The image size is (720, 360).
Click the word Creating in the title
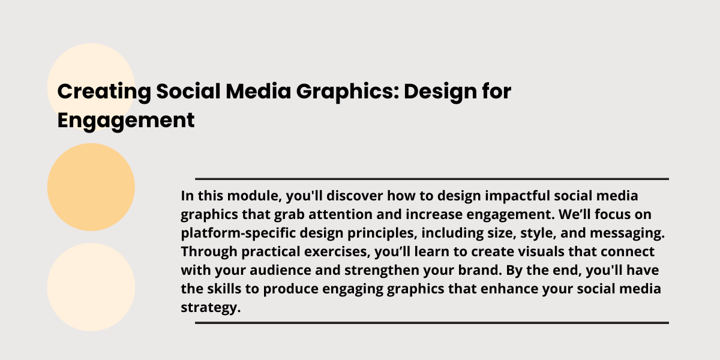point(104,92)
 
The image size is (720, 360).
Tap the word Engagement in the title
point(125,121)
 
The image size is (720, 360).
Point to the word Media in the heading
point(258,91)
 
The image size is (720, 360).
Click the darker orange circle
point(91,187)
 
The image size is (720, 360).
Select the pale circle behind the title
point(91,87)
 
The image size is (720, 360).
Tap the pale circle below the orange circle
point(91,287)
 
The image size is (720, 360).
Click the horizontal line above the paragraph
point(432,179)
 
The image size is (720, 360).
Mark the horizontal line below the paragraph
point(432,323)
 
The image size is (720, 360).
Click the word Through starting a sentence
point(209,252)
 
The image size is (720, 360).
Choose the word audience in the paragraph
point(280,270)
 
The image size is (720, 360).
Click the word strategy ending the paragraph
point(211,308)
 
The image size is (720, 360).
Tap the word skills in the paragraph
point(224,289)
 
